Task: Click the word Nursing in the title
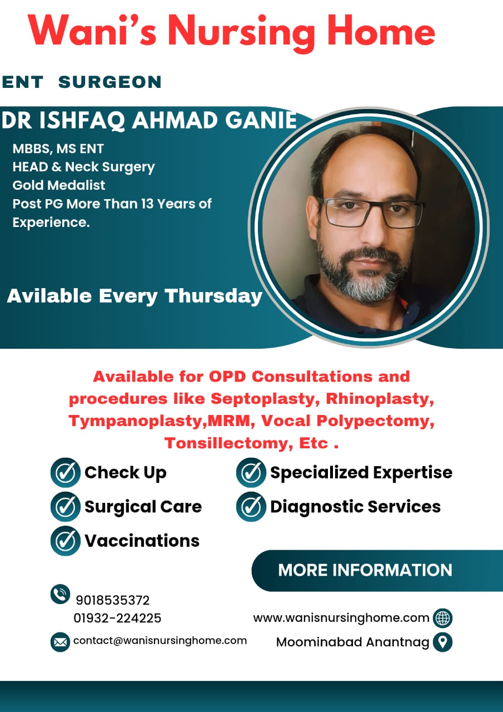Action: pyautogui.click(x=241, y=33)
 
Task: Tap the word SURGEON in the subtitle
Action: pyautogui.click(x=110, y=82)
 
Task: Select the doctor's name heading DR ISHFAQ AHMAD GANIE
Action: pyautogui.click(x=149, y=121)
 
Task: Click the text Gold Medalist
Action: pyautogui.click(x=59, y=185)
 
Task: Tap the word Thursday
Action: pyautogui.click(x=213, y=296)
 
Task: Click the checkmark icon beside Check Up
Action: pyautogui.click(x=66, y=473)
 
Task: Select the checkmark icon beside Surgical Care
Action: pyautogui.click(x=66, y=507)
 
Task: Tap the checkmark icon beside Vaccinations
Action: pyautogui.click(x=66, y=541)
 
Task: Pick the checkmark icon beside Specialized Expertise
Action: pyautogui.click(x=251, y=473)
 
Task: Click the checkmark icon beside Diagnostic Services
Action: pyautogui.click(x=251, y=507)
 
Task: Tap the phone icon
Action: pyautogui.click(x=60, y=594)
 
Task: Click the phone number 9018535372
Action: pyautogui.click(x=113, y=600)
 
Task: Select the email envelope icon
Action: pyautogui.click(x=60, y=642)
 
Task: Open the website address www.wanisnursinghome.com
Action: pyautogui.click(x=341, y=618)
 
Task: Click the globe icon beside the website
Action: pyautogui.click(x=442, y=618)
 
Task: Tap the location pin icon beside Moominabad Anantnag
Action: pyautogui.click(x=442, y=642)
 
